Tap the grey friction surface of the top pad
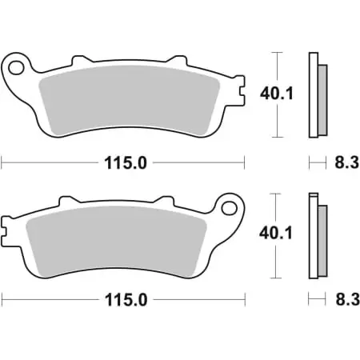[x=132, y=100]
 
